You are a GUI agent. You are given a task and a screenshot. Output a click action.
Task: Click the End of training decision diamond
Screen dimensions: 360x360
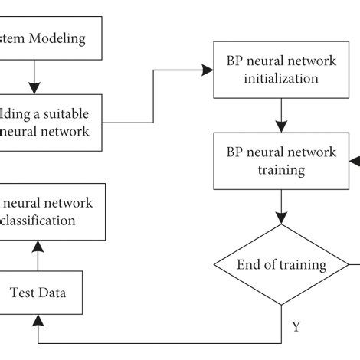click(281, 266)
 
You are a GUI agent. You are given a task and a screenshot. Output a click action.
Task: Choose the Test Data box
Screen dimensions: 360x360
click(37, 291)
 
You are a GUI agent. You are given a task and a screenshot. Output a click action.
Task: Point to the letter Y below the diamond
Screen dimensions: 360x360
click(296, 327)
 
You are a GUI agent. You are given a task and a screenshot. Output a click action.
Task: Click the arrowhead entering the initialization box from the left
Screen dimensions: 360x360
click(209, 70)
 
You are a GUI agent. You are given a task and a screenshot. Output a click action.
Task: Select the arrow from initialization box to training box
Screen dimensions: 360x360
click(281, 116)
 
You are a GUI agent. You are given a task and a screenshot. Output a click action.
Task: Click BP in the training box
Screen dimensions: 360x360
click(233, 152)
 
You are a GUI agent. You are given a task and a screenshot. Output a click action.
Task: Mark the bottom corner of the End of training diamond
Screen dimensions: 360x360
click(281, 306)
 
